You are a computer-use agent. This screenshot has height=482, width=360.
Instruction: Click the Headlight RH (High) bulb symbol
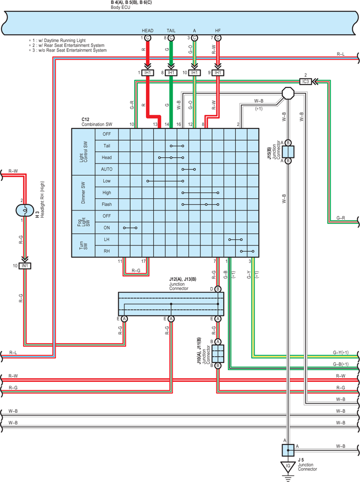point(25,210)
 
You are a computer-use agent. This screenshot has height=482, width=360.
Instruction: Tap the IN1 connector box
point(25,266)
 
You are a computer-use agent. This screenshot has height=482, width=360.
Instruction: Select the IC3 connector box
point(305,82)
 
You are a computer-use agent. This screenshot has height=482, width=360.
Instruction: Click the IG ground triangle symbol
point(288,467)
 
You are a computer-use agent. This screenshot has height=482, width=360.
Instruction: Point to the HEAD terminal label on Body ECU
point(147,31)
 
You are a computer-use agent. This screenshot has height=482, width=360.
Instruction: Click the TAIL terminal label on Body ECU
point(171,31)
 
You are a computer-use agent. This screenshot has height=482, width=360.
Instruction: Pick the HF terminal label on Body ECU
point(218,31)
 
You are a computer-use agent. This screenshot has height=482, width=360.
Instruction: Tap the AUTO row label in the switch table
point(107,169)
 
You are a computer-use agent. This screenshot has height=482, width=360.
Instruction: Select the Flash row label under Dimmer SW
point(107,204)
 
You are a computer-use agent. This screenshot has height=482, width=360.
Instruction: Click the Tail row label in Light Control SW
point(107,146)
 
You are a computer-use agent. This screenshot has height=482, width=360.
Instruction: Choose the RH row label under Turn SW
point(107,251)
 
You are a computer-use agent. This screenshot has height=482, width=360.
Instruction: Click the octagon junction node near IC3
point(288,93)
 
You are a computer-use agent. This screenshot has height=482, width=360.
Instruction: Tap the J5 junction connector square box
point(288,450)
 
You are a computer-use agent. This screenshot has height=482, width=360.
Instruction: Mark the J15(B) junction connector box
point(288,152)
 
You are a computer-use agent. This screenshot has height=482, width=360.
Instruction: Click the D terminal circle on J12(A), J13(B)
point(218,289)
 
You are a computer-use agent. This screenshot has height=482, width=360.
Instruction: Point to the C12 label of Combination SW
point(86,119)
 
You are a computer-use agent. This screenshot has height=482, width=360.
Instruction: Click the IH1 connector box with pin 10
point(194,73)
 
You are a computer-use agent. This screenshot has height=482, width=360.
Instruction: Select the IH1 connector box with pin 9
point(218,73)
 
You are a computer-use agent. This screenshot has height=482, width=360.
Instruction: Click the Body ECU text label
point(120,7)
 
